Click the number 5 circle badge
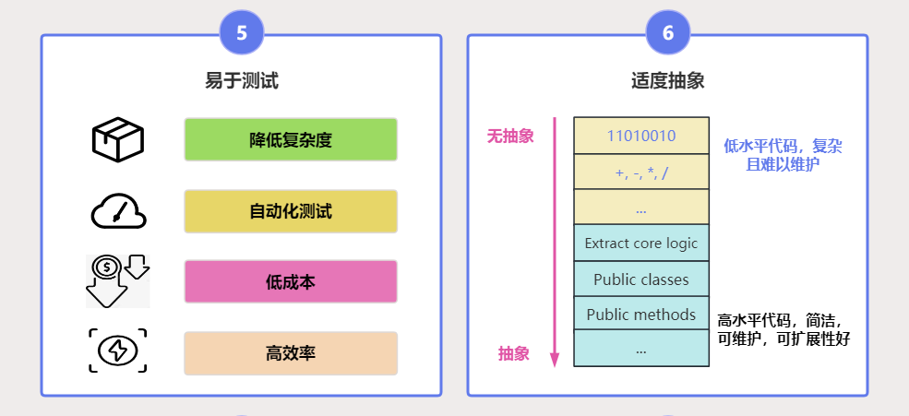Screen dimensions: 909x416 pyautogui.click(x=242, y=33)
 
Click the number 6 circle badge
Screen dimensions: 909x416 pyautogui.click(x=668, y=33)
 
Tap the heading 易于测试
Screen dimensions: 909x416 pyautogui.click(x=242, y=81)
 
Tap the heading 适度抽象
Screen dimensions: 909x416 pyautogui.click(x=668, y=81)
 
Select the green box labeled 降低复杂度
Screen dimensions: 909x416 pyautogui.click(x=291, y=140)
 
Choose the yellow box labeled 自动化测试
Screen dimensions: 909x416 pyautogui.click(x=291, y=211)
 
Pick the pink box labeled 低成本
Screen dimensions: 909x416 pyautogui.click(x=291, y=282)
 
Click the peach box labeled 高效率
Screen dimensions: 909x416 pyautogui.click(x=291, y=353)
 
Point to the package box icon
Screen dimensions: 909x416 pyautogui.click(x=118, y=139)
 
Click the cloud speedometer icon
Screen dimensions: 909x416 pyautogui.click(x=118, y=211)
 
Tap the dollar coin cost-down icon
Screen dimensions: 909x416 pyautogui.click(x=118, y=281)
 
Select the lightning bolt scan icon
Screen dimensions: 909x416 pyautogui.click(x=118, y=351)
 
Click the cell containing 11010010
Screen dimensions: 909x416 pyautogui.click(x=641, y=136)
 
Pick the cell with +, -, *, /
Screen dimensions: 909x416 pyautogui.click(x=641, y=172)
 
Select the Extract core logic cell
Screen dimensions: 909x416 pyautogui.click(x=641, y=244)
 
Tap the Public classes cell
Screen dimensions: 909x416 pyautogui.click(x=641, y=279)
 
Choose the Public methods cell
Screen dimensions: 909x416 pyautogui.click(x=641, y=315)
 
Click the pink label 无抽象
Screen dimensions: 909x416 pyautogui.click(x=510, y=137)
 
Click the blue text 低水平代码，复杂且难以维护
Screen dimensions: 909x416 pyautogui.click(x=783, y=156)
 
